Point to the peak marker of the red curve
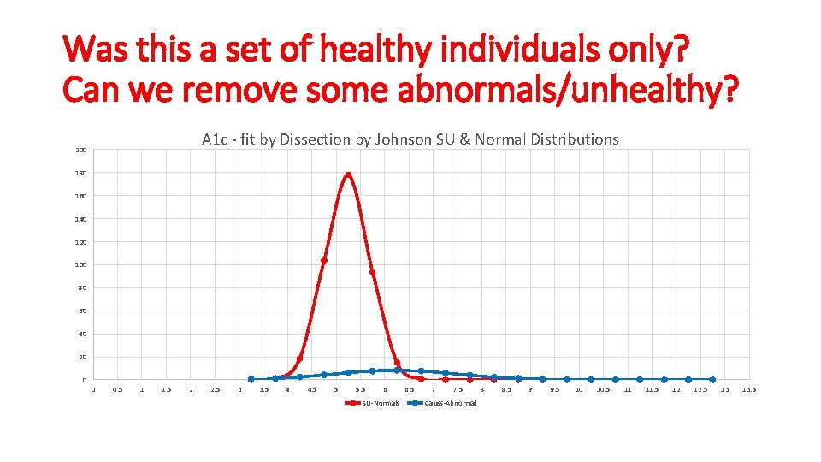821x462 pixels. click(348, 175)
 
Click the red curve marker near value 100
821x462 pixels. click(324, 260)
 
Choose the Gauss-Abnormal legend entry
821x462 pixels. click(444, 403)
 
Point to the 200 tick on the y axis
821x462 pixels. click(80, 151)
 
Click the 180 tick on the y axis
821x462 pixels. click(80, 174)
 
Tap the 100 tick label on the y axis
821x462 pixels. click(80, 265)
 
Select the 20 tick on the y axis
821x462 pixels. click(81, 357)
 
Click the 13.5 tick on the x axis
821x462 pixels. click(748, 390)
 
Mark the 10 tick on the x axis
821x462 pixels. click(579, 390)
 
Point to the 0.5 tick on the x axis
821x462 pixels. click(117, 390)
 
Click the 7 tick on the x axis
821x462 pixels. click(433, 390)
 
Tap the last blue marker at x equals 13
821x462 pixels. click(712, 379)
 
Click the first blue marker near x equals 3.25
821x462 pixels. click(251, 379)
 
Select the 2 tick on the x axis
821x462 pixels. click(190, 390)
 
